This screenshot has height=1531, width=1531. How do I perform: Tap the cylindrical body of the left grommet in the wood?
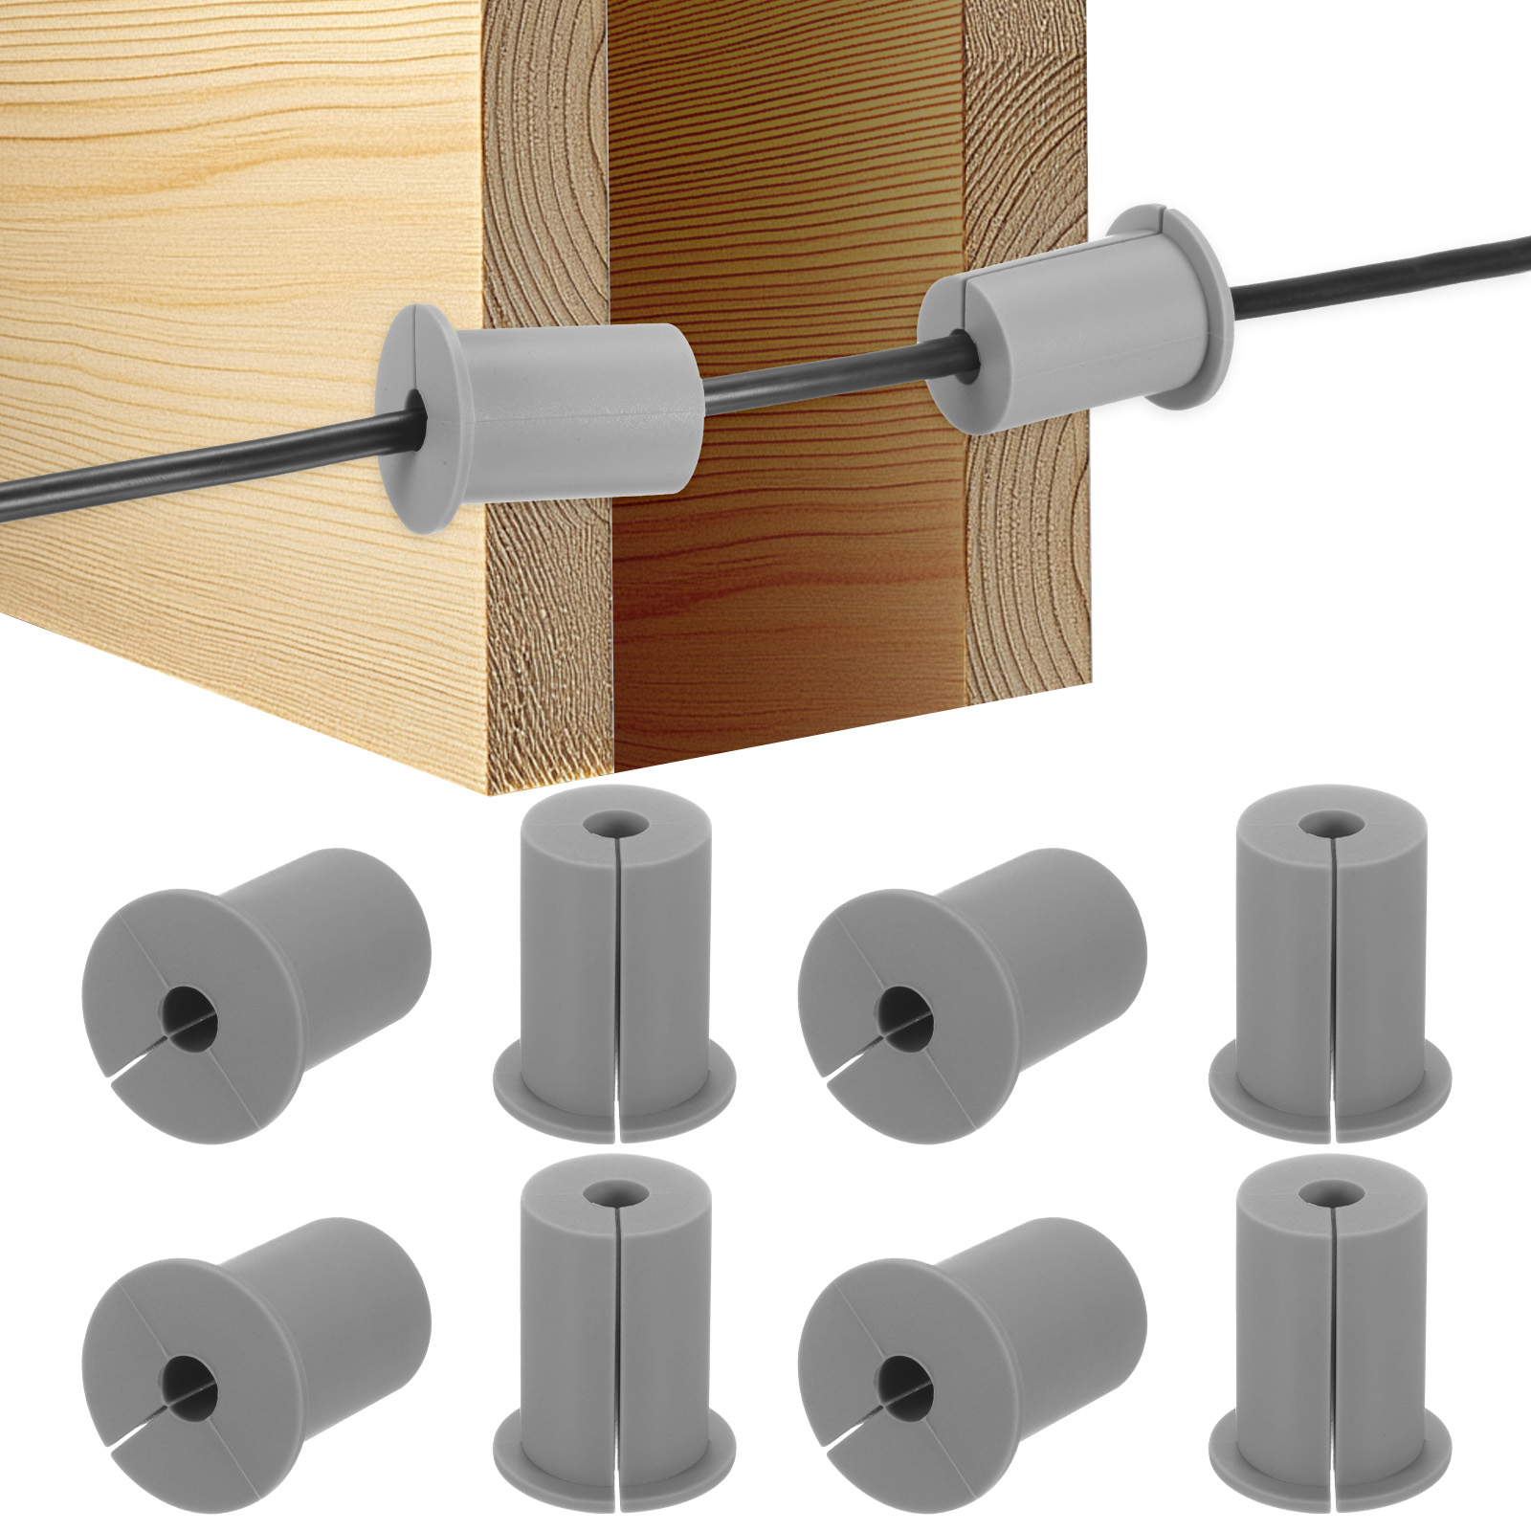tap(584, 411)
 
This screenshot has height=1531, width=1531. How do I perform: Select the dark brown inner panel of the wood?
tap(785, 574)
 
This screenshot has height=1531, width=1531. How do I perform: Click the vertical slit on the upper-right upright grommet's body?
tap(1331, 957)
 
